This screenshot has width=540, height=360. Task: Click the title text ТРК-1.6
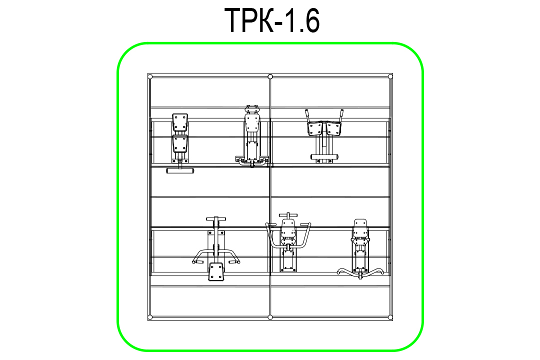[272, 20]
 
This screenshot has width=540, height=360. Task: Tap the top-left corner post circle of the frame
[150, 76]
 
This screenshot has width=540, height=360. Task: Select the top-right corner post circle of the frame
[390, 76]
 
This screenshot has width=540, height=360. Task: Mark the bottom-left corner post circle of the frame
[150, 317]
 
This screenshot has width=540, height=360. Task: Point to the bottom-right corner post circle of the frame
[390, 317]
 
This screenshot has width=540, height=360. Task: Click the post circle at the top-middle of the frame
[270, 76]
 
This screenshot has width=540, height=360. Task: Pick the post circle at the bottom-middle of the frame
[270, 317]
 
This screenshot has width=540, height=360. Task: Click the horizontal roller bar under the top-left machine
[180, 170]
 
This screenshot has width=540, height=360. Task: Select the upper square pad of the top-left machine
[180, 122]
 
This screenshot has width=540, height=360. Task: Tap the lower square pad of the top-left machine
[180, 143]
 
